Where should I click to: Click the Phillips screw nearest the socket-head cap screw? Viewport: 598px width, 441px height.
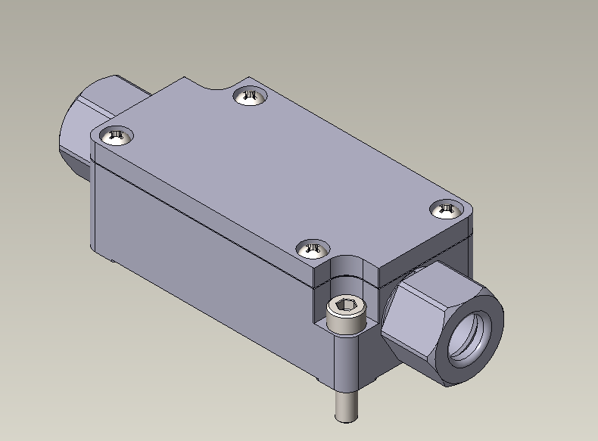(312, 248)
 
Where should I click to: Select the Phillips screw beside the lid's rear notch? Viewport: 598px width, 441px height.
(251, 96)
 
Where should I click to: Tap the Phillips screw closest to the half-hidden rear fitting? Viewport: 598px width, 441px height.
(116, 135)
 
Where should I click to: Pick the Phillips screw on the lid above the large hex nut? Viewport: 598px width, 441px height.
(446, 209)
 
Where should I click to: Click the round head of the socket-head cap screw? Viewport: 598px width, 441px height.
(347, 310)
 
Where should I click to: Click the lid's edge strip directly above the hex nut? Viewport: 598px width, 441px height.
(431, 254)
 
